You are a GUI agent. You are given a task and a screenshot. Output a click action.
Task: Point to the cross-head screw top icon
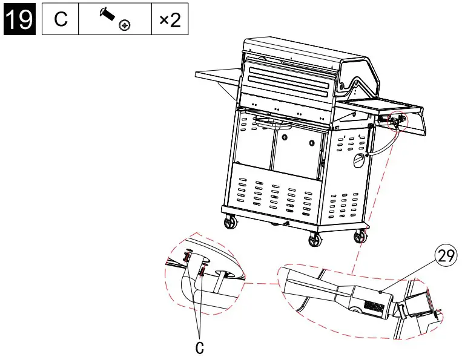(125, 25)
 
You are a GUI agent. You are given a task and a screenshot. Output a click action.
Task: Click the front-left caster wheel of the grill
(231, 223)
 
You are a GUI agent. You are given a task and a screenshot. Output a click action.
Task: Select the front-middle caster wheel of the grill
(314, 241)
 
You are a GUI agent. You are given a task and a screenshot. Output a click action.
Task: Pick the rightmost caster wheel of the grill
(361, 236)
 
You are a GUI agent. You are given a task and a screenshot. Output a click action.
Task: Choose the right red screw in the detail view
(202, 272)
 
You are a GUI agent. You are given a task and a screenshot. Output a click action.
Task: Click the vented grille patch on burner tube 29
(374, 307)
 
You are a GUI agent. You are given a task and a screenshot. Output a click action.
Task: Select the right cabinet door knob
(311, 143)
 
